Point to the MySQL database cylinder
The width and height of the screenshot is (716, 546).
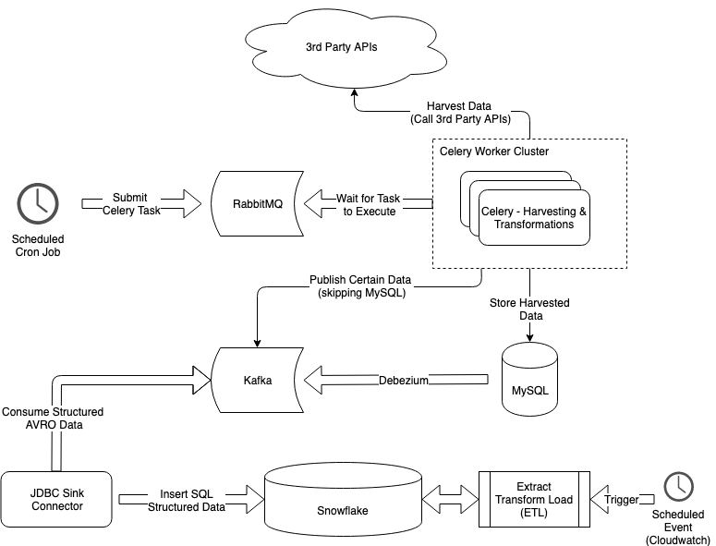point(529,379)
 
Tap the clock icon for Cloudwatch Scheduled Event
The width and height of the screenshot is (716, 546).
point(679,486)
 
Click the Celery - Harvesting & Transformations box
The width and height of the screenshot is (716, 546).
point(533,218)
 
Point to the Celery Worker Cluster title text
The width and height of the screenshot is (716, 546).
point(494,152)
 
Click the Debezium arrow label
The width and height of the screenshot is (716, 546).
point(404,381)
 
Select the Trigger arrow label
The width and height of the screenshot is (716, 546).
point(621,500)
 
